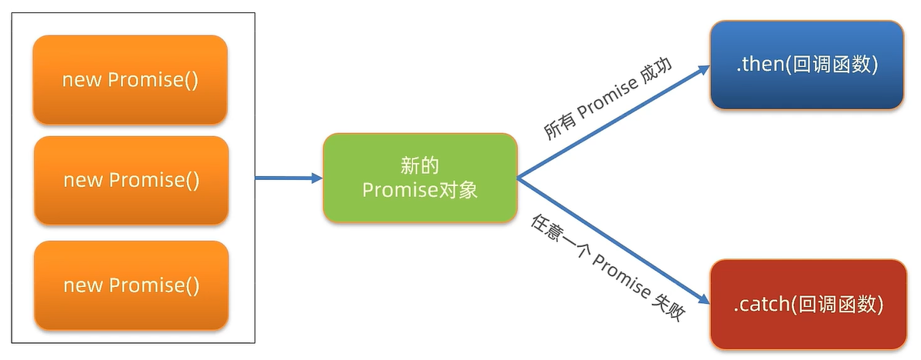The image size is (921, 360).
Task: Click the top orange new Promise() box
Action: pyautogui.click(x=130, y=79)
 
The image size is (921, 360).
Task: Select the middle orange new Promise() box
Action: pyautogui.click(x=131, y=180)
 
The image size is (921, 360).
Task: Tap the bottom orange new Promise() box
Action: pyautogui.click(x=131, y=285)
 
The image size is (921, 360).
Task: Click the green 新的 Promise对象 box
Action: pyautogui.click(x=419, y=178)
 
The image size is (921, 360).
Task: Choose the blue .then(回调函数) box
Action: pyautogui.click(x=806, y=65)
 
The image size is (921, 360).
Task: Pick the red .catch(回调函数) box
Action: pyautogui.click(x=807, y=304)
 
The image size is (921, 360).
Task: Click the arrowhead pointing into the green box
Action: pyautogui.click(x=315, y=178)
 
